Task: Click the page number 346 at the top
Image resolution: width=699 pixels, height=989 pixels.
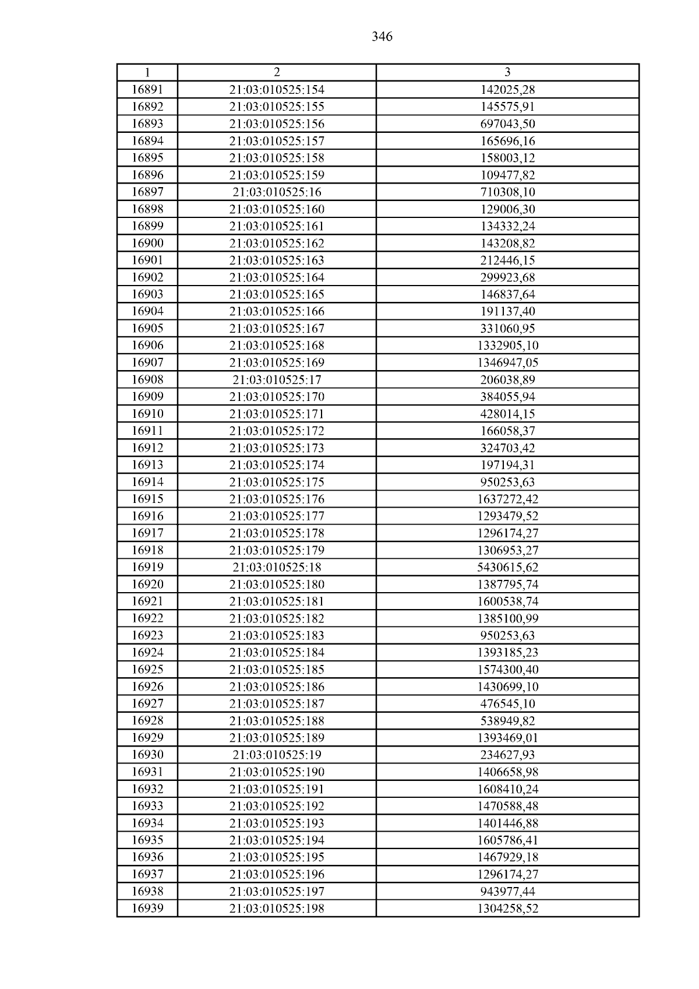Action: click(x=382, y=37)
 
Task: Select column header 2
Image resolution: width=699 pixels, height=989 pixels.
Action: click(x=277, y=72)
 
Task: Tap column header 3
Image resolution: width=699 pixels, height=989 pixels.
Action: click(x=507, y=72)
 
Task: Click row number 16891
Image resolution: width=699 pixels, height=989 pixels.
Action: click(x=147, y=90)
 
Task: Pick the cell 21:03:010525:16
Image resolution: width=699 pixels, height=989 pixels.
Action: click(x=277, y=192)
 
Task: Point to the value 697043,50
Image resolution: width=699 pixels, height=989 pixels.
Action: click(x=507, y=124)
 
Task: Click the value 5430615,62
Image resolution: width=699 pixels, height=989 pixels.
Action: click(x=507, y=567)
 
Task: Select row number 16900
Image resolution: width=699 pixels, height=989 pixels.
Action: click(x=147, y=243)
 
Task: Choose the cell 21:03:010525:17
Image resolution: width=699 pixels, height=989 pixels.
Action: click(x=277, y=380)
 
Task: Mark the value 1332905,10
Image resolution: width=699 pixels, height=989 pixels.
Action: click(x=507, y=346)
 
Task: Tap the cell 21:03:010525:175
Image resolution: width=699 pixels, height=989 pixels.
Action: click(x=277, y=482)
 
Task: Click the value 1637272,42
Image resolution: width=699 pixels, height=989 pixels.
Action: click(x=507, y=499)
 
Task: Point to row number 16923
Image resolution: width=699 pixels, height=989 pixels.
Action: click(x=147, y=635)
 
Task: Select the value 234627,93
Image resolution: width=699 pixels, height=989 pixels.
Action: click(x=507, y=755)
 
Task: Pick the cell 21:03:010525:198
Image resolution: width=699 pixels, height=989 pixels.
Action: click(x=277, y=908)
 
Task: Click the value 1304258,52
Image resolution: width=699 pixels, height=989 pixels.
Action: click(x=507, y=908)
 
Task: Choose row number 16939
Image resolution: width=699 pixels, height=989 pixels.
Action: click(x=147, y=908)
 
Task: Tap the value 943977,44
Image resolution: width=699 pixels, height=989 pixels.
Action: click(x=507, y=891)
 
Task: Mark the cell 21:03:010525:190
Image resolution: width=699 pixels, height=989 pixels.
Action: click(x=277, y=772)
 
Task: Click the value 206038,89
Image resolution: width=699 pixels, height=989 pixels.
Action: click(x=507, y=380)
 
